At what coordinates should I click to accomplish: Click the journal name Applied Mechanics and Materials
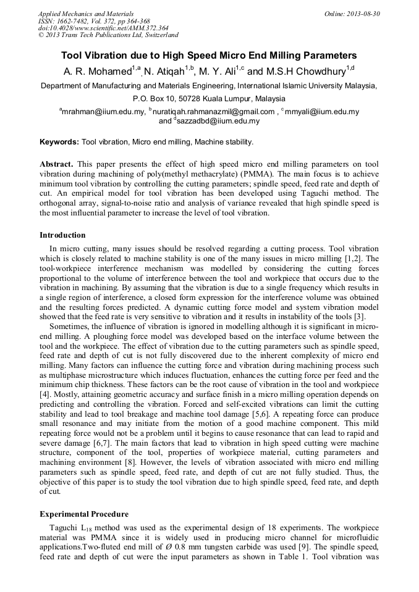coord(86,13)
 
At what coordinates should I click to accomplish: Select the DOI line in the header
coord(103,28)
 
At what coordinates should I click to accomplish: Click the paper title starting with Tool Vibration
coord(209,56)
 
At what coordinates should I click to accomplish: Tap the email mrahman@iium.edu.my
coord(103,112)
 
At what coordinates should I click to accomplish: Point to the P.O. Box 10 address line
coord(209,99)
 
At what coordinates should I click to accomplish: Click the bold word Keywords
coord(59,142)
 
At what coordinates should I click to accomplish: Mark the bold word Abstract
coord(56,164)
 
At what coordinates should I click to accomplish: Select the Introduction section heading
coord(62,235)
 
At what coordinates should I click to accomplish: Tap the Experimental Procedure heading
coord(84,514)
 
